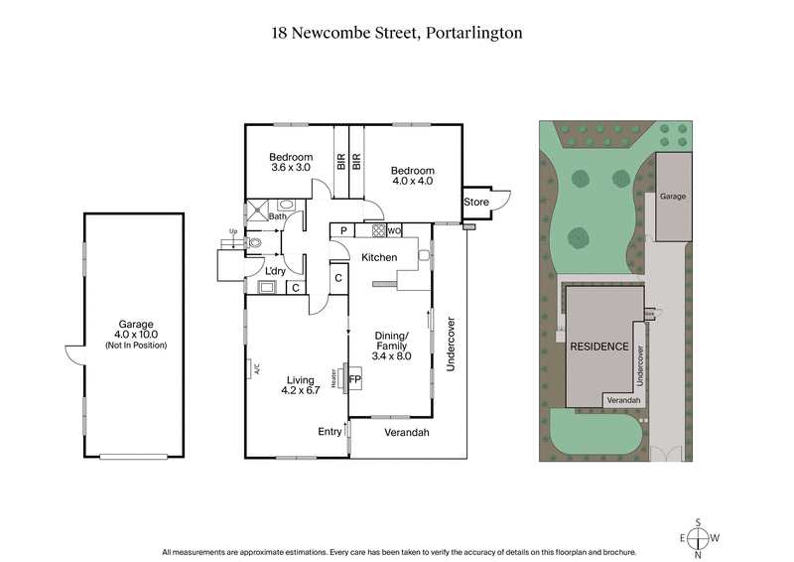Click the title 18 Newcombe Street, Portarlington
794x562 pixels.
coord(397,33)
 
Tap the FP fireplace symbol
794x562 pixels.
coord(354,378)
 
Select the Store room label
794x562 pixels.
coord(476,203)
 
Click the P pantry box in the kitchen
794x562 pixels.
coord(343,230)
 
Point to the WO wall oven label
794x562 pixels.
coord(394,230)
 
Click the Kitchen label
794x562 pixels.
coord(379,257)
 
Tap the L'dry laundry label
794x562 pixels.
coord(275,271)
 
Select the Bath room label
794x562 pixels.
coord(277,216)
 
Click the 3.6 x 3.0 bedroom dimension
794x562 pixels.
coord(291,168)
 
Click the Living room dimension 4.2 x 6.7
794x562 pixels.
coord(300,390)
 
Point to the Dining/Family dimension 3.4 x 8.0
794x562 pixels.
coord(390,355)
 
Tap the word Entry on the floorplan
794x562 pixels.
coord(330,431)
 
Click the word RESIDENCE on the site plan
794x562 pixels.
coord(598,347)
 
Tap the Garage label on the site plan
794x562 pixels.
coord(674,198)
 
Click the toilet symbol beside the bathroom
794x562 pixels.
coord(256,241)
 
